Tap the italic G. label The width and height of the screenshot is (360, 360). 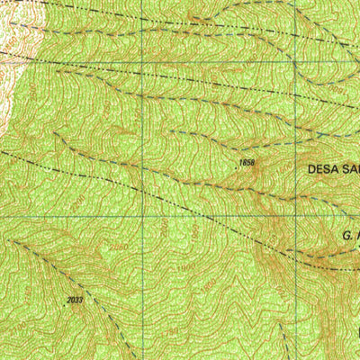point(347,234)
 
